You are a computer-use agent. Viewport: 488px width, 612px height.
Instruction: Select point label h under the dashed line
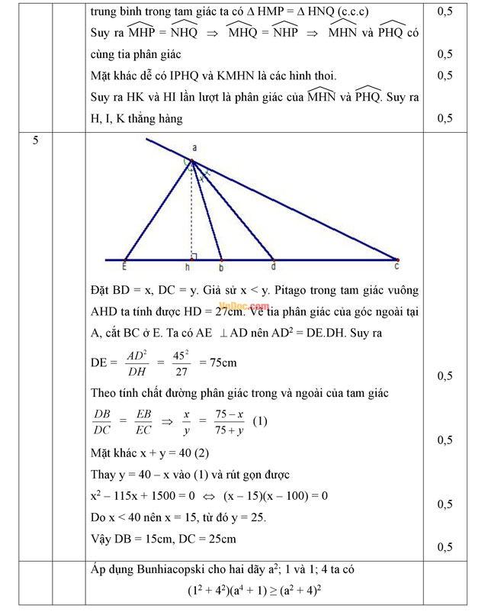[x=188, y=268]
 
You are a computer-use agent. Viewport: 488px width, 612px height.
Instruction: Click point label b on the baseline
[x=221, y=268]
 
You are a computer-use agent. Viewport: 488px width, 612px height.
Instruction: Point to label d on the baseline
[x=272, y=268]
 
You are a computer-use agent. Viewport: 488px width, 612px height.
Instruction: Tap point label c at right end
[x=396, y=266]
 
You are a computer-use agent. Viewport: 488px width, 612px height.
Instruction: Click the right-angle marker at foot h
[x=195, y=256]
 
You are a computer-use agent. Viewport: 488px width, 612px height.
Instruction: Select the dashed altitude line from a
[x=192, y=214]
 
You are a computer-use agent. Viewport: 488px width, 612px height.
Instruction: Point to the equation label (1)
[x=259, y=420]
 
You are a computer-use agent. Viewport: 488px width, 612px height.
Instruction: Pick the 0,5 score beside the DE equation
[x=445, y=376]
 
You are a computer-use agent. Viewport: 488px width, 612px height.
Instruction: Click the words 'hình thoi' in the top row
[x=308, y=76]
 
